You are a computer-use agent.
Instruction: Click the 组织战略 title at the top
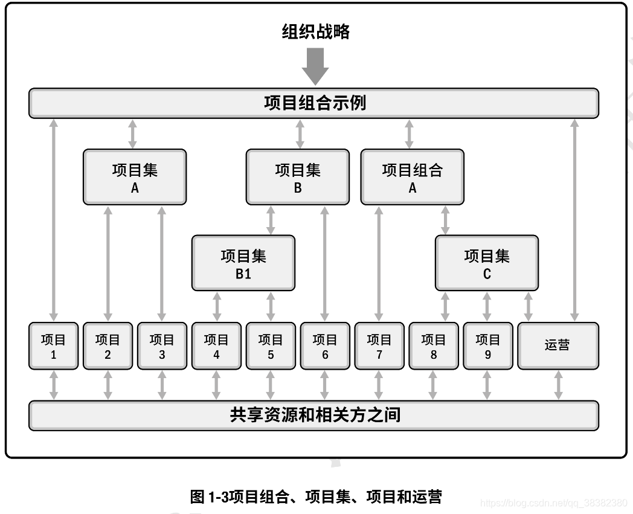(x=315, y=31)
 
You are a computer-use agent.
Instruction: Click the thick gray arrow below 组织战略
(x=315, y=66)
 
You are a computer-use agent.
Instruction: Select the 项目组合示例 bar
(x=314, y=103)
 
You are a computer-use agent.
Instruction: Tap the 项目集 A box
(x=135, y=178)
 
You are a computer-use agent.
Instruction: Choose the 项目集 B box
(x=297, y=178)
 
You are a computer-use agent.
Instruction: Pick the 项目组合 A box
(x=412, y=178)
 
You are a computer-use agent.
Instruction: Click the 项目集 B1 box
(x=243, y=263)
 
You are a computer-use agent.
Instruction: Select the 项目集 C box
(x=487, y=263)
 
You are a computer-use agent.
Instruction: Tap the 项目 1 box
(x=53, y=346)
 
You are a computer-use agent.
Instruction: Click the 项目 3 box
(x=162, y=346)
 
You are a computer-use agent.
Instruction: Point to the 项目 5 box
(x=271, y=346)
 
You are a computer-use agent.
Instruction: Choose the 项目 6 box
(x=325, y=346)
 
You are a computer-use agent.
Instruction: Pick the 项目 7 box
(x=379, y=346)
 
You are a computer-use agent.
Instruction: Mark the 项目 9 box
(x=487, y=346)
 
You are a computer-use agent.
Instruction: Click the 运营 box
(x=558, y=346)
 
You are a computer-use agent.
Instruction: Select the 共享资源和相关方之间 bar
(x=314, y=416)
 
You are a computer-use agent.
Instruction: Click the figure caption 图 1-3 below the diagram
(x=316, y=497)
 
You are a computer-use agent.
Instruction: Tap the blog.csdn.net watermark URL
(x=553, y=503)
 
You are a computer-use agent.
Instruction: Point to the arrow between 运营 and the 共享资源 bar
(x=558, y=385)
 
